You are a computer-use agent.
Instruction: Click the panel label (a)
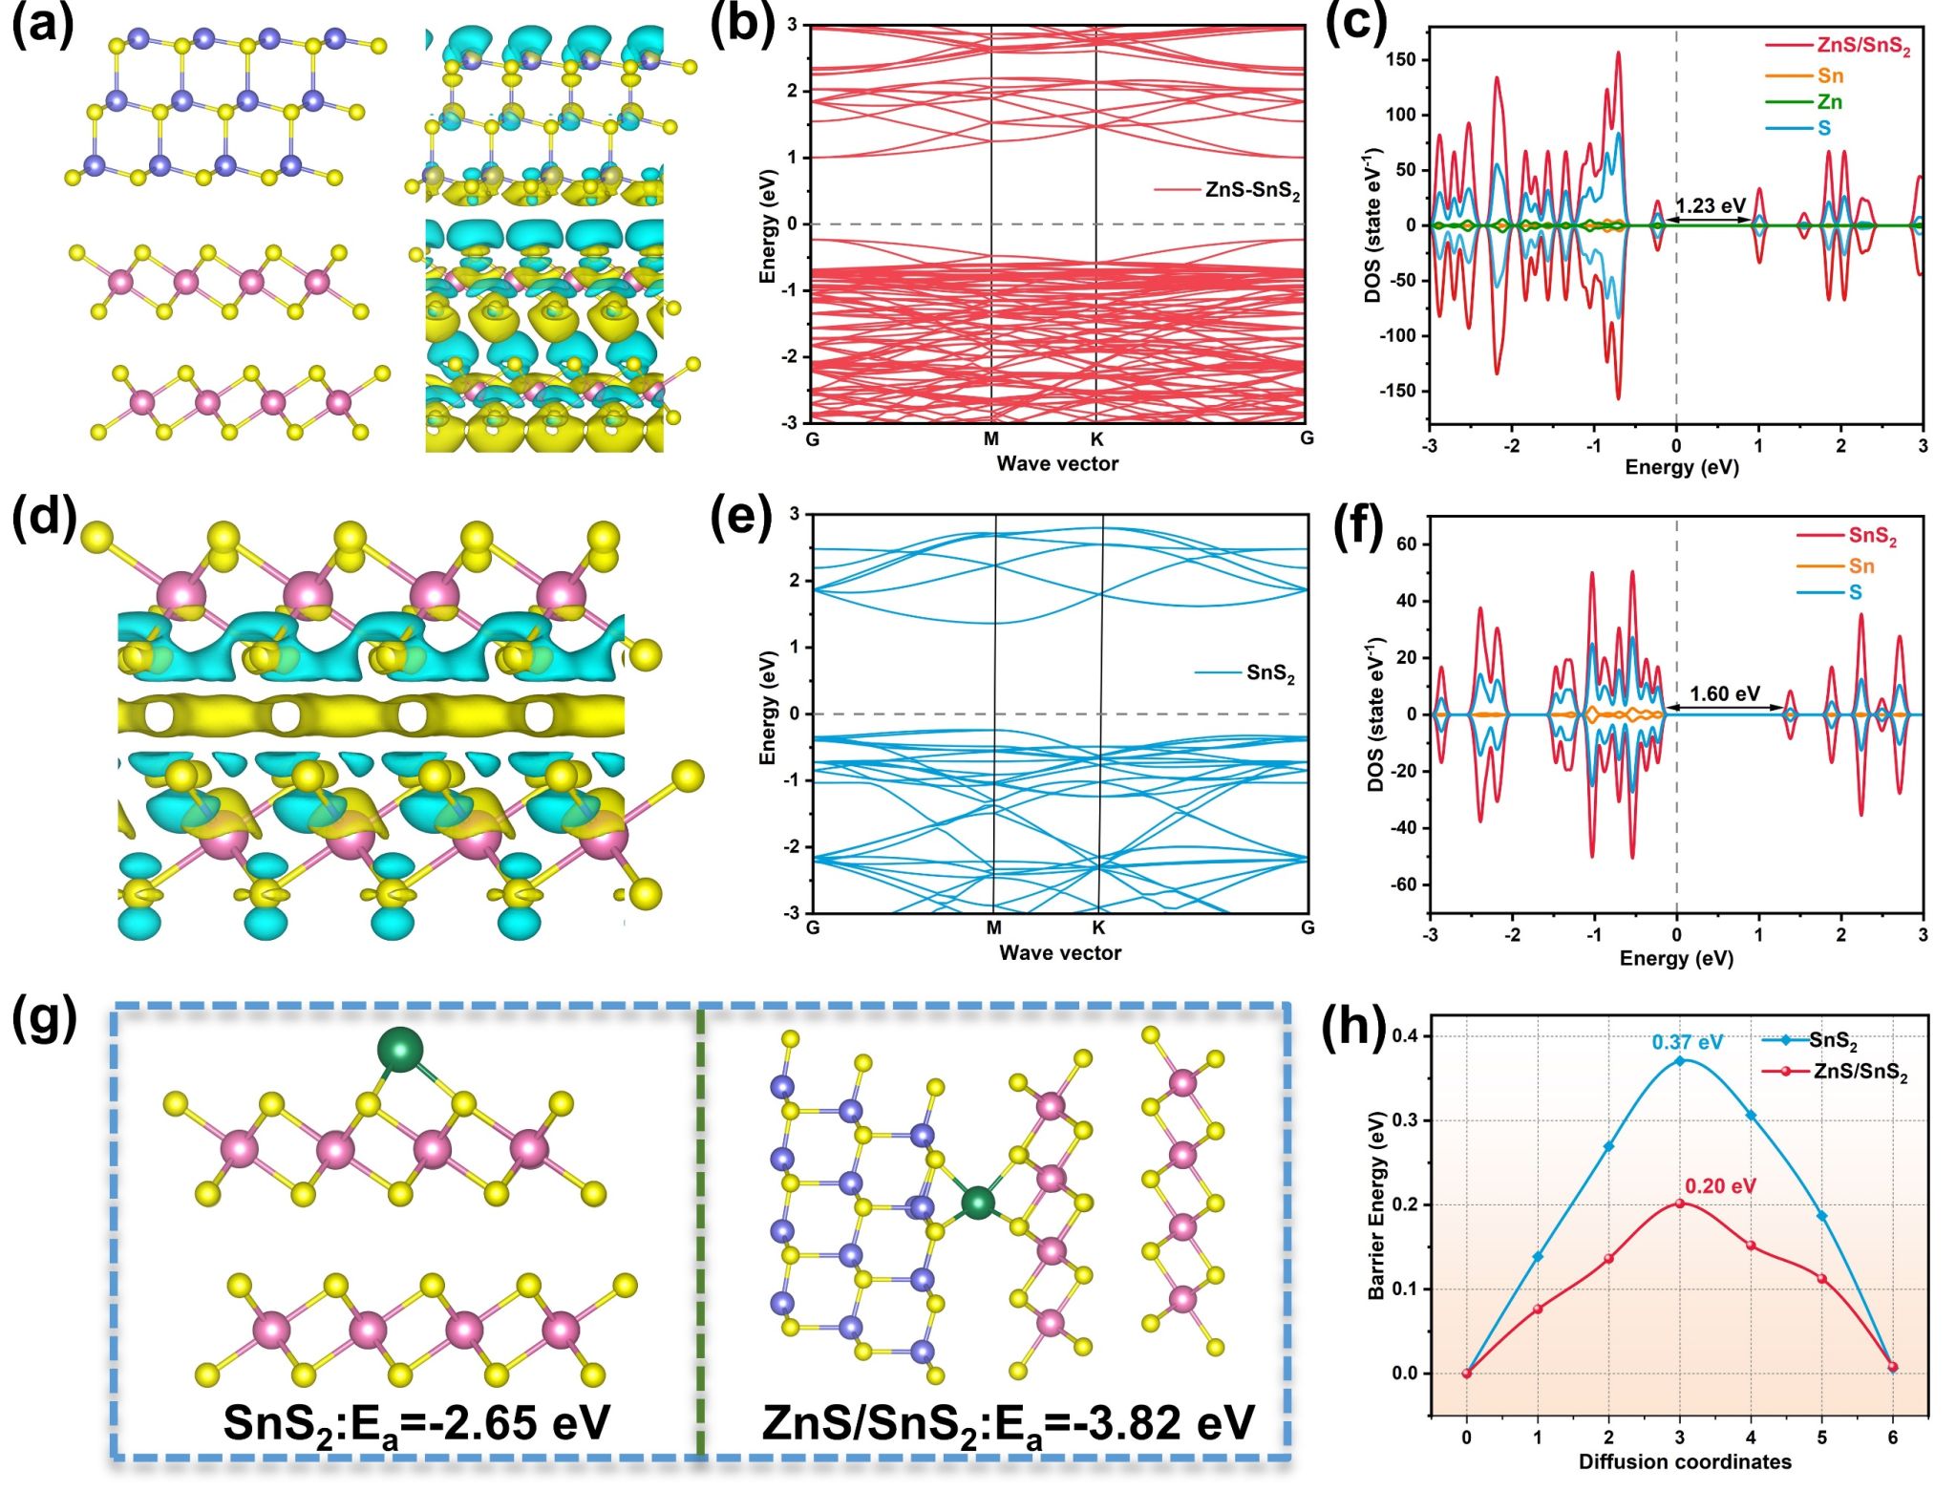click(42, 26)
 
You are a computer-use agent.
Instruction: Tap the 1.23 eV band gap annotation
click(1710, 206)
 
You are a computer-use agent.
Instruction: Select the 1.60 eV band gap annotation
click(1724, 694)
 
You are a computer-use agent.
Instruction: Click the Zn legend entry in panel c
click(1829, 102)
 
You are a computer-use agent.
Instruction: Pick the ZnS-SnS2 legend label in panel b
click(1252, 190)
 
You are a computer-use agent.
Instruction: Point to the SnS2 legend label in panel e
click(1270, 674)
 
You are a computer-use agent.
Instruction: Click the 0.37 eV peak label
click(1687, 1042)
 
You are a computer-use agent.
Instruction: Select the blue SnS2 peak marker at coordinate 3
click(1680, 1061)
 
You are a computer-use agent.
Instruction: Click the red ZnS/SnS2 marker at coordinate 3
click(1680, 1203)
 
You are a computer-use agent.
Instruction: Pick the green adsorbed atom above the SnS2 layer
click(400, 1050)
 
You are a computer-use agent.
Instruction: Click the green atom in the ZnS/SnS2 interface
click(976, 1203)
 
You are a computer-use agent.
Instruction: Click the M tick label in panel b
click(991, 439)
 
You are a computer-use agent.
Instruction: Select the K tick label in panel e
click(1098, 927)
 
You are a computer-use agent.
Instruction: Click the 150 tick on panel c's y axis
click(1400, 60)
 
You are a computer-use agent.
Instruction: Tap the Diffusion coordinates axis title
click(1685, 1461)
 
